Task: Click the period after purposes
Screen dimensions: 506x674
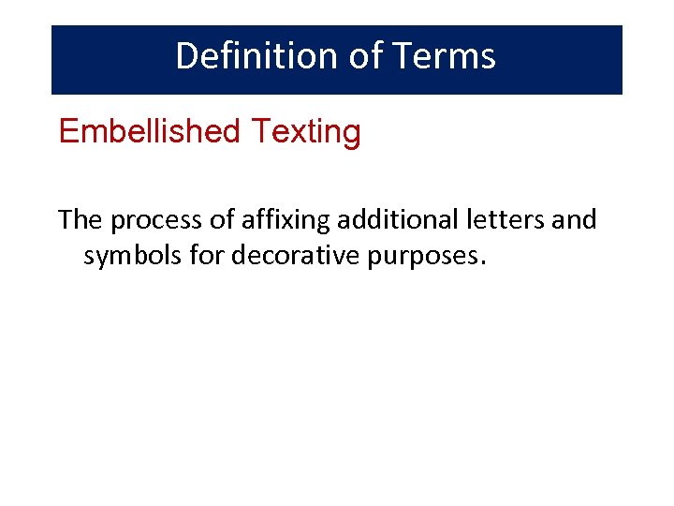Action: pyautogui.click(x=483, y=263)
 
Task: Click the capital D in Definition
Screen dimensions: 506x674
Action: pyautogui.click(x=186, y=56)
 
